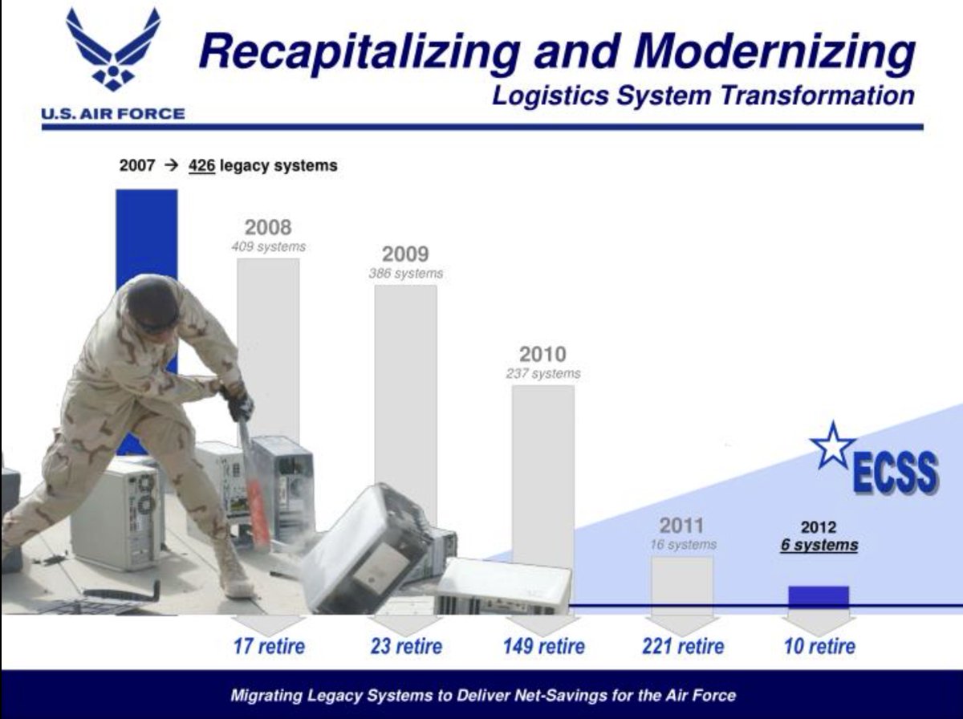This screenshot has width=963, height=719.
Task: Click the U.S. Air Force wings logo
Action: [x=113, y=49]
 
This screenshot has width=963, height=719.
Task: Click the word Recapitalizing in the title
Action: [x=360, y=52]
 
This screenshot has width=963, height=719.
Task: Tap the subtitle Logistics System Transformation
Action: [x=703, y=96]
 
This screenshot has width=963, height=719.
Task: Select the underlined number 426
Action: [x=201, y=166]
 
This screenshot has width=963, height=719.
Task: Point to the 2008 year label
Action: [x=268, y=227]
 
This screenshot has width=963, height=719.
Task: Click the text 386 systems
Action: [x=406, y=274]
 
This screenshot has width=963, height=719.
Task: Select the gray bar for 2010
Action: [x=543, y=476]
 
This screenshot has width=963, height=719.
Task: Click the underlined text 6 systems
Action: [x=819, y=546]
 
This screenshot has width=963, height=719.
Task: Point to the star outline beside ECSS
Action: [x=832, y=445]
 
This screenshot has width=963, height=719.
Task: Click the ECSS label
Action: [x=896, y=473]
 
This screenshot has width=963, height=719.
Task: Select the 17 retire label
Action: [x=269, y=646]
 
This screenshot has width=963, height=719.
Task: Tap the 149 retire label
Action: [x=544, y=646]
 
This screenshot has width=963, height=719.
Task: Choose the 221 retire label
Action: [x=683, y=646]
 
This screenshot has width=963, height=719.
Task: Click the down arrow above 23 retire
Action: [x=406, y=624]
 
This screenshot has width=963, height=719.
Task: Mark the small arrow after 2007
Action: [x=172, y=165]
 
